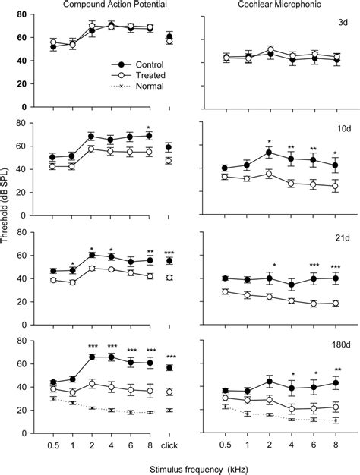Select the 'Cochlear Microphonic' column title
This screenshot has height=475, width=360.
272,6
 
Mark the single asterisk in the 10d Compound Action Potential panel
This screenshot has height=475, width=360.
149,127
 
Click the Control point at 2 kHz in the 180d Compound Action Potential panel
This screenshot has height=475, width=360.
92,357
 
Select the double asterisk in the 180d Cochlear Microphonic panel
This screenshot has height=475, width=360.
336,370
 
